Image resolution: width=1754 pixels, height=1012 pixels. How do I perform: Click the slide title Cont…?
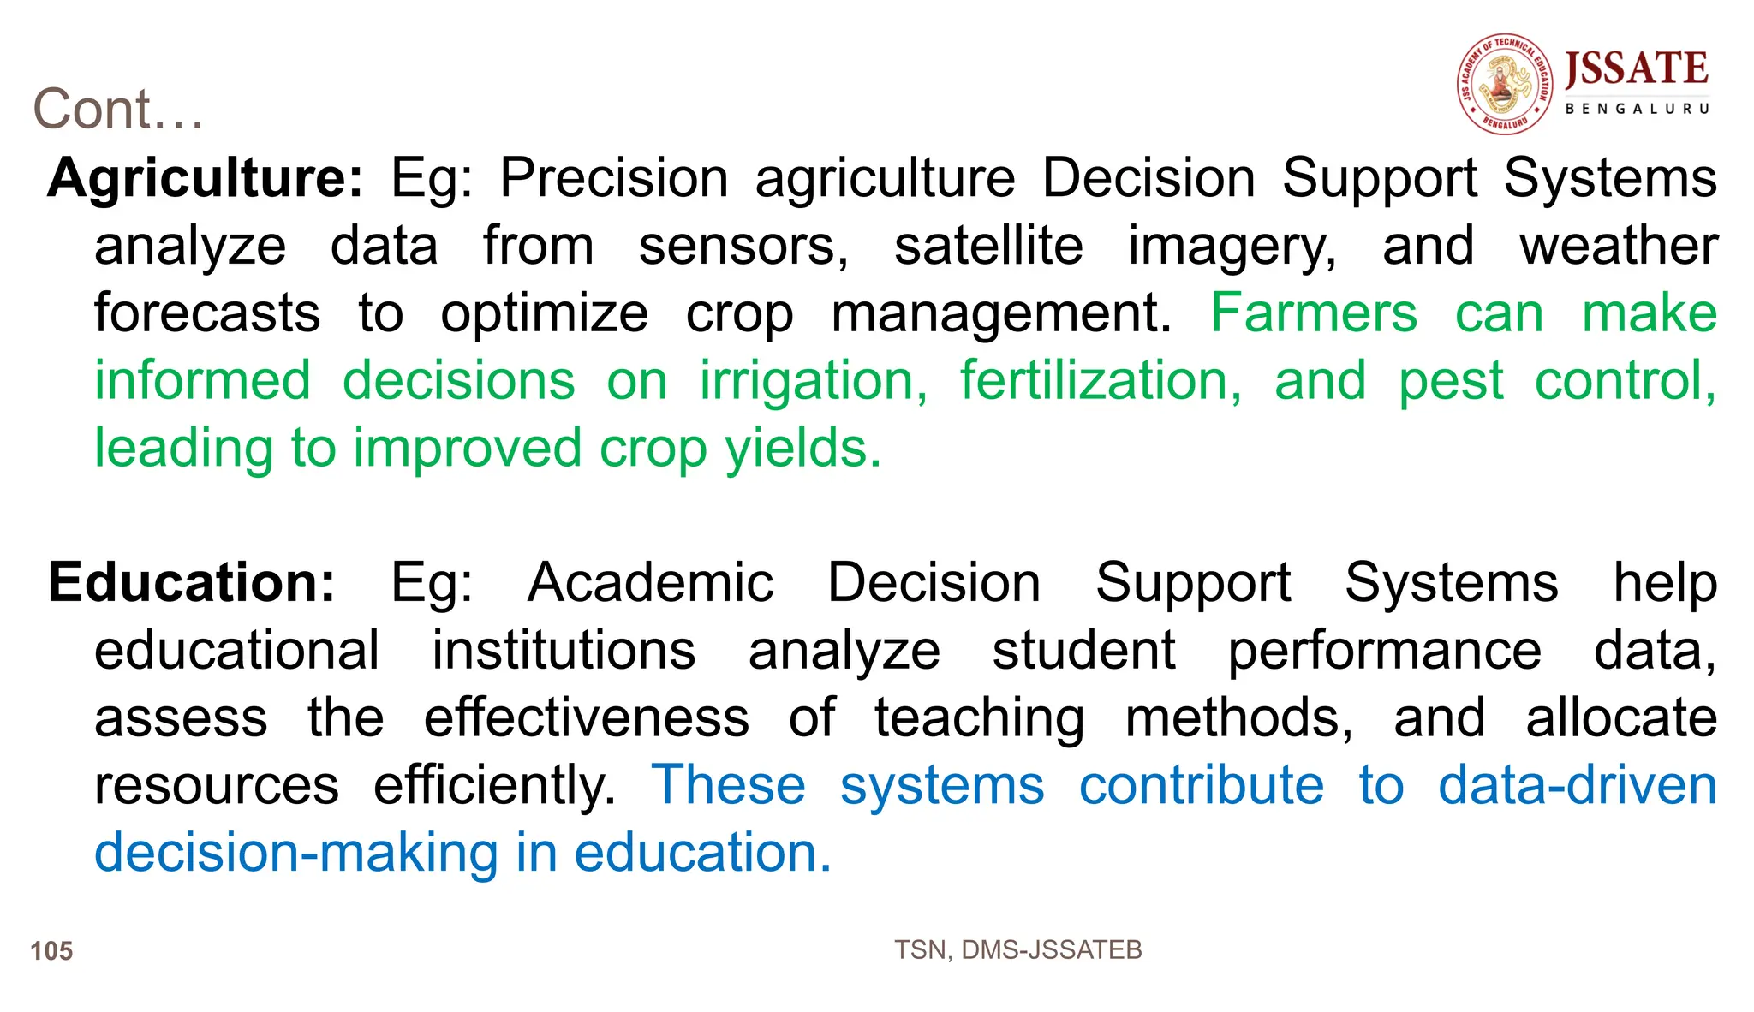[x=118, y=110]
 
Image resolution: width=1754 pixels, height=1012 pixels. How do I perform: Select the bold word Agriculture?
[x=206, y=178]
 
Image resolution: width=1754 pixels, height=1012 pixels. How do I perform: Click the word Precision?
[x=613, y=178]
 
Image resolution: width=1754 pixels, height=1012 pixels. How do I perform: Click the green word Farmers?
[x=1314, y=313]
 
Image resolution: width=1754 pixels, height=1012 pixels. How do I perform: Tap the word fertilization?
[x=1100, y=381]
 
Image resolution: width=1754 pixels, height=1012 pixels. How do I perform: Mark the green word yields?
[x=802, y=449]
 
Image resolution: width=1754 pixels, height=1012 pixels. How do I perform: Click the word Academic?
[x=651, y=583]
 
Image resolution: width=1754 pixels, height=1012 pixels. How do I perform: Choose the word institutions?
[x=564, y=651]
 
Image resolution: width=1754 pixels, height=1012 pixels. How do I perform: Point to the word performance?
[x=1384, y=651]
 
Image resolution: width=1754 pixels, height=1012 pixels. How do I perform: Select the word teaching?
[x=979, y=717]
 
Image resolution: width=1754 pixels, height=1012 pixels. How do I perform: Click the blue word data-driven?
[x=1577, y=785]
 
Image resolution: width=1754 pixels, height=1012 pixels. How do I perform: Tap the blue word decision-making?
[x=296, y=853]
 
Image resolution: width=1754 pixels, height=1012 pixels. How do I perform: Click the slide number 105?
[x=51, y=951]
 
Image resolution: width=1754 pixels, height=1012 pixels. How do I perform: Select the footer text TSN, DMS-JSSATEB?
[x=1017, y=950]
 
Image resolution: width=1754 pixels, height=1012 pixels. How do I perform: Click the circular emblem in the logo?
[x=1505, y=84]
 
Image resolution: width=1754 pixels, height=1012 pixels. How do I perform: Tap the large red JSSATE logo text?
[x=1637, y=68]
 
